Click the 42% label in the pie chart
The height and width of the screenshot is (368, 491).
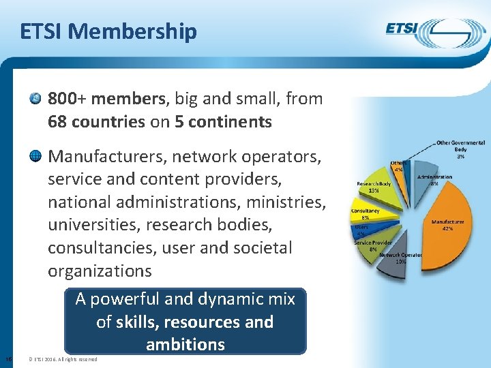point(447,229)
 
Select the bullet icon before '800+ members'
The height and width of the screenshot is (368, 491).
point(35,99)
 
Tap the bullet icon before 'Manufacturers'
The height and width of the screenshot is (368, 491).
point(35,157)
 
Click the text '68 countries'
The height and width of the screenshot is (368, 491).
point(96,122)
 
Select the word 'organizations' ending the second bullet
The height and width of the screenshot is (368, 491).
point(100,271)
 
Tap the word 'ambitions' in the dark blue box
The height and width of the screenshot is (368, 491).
point(185,344)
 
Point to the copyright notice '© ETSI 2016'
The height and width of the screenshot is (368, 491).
point(47,359)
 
